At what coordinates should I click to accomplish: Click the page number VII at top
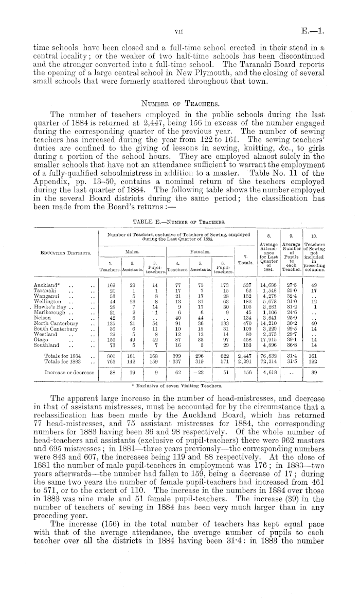(x=179, y=30)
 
